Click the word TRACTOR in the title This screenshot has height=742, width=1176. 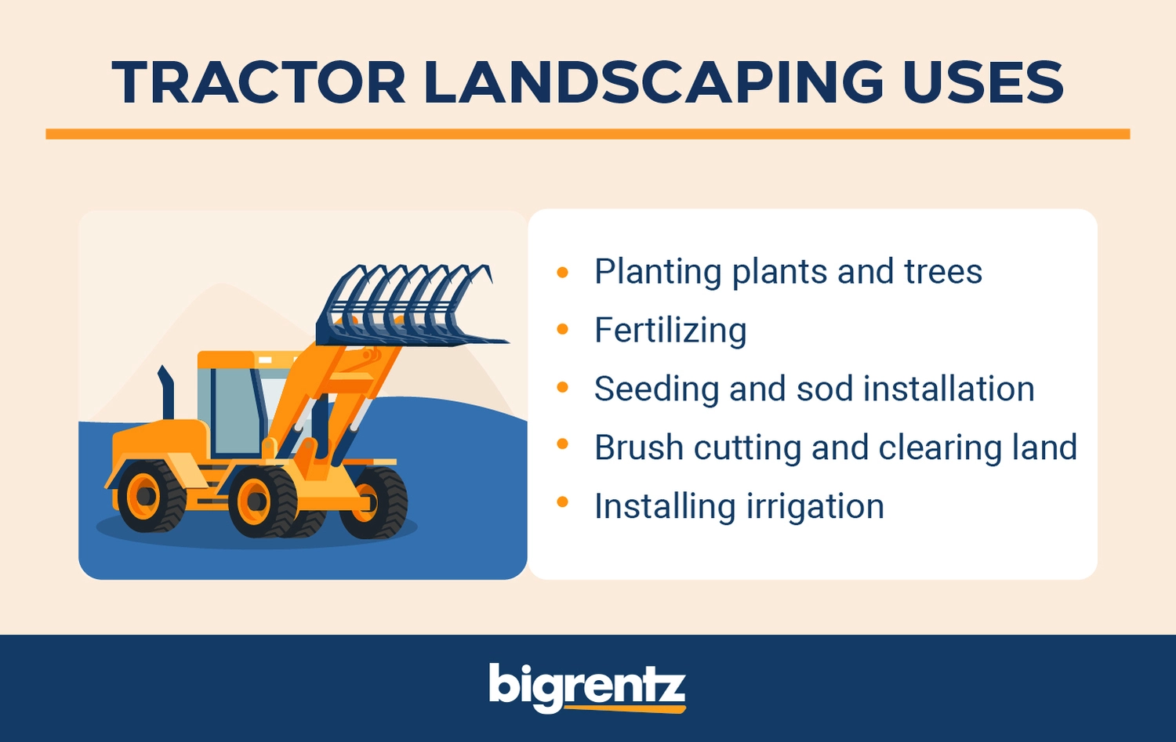click(258, 82)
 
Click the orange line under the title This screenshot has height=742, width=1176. click(588, 134)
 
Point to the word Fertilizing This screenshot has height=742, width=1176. click(670, 331)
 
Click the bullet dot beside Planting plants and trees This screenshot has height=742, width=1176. click(562, 272)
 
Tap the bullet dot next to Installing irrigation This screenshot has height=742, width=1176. click(562, 502)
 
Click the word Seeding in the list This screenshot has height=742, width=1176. click(656, 390)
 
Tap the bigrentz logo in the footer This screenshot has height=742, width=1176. click(587, 688)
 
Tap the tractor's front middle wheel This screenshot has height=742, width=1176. click(263, 501)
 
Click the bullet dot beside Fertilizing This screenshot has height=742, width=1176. click(562, 329)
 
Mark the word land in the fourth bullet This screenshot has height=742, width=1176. click(1045, 447)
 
